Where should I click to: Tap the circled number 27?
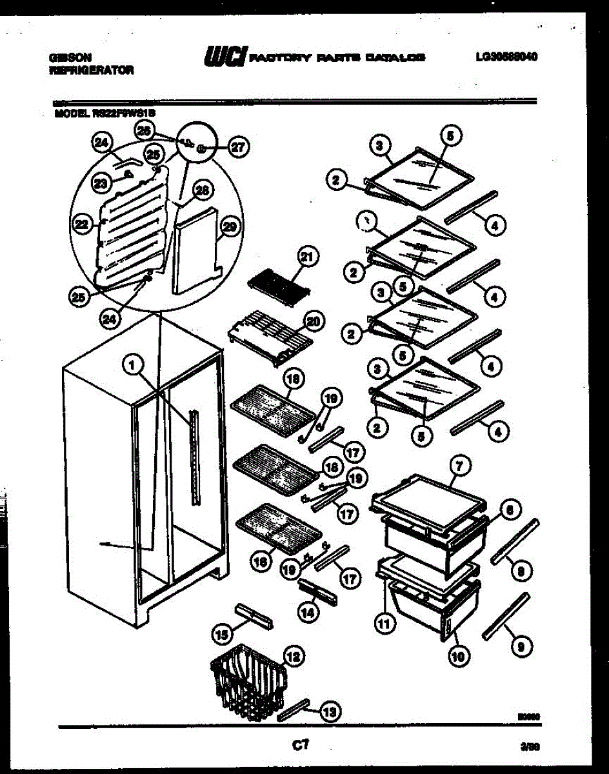point(238,147)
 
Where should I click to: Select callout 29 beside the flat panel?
point(229,226)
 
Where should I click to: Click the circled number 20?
point(315,321)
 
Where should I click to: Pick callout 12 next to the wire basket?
point(292,657)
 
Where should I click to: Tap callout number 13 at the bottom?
point(329,712)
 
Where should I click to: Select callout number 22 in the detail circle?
point(81,224)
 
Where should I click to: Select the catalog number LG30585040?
point(506,57)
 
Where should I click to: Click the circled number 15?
point(223,635)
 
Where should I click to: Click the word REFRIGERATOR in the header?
point(91,70)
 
